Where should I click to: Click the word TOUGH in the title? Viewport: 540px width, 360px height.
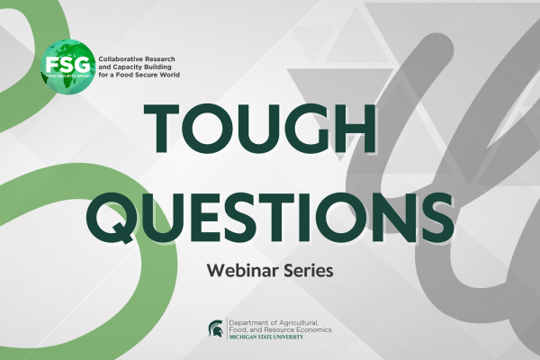(260, 128)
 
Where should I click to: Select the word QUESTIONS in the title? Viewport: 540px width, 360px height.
(270, 218)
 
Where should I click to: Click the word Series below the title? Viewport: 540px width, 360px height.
(308, 270)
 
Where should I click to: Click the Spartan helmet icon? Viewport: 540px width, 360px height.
(216, 328)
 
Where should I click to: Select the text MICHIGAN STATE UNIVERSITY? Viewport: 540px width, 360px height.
(266, 337)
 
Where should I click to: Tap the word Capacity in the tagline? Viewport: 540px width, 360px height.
(126, 67)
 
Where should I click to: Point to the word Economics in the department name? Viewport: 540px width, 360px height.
(314, 329)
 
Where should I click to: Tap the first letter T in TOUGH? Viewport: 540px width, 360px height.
(161, 128)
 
